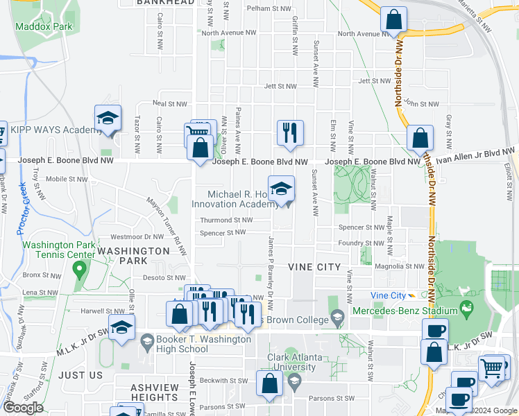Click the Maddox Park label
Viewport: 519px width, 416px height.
coord(47,26)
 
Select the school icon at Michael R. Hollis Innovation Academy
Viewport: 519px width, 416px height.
coord(281,189)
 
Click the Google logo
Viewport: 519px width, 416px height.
coord(24,407)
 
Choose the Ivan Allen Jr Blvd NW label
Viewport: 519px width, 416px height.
coord(479,157)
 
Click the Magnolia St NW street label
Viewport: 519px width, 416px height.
coord(399,266)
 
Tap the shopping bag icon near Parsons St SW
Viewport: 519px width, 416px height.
coord(269,383)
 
